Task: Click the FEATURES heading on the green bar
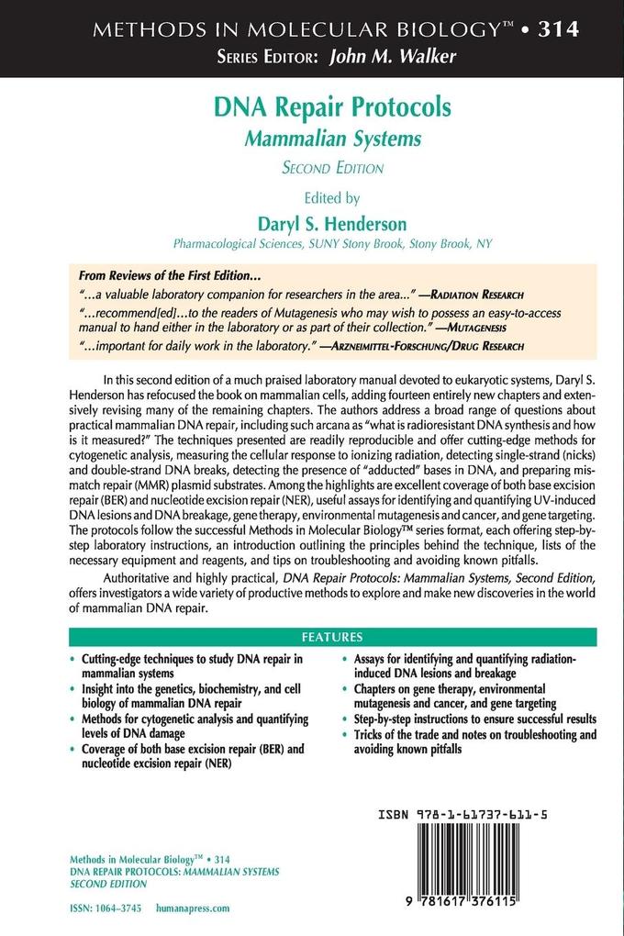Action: pos(332,637)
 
